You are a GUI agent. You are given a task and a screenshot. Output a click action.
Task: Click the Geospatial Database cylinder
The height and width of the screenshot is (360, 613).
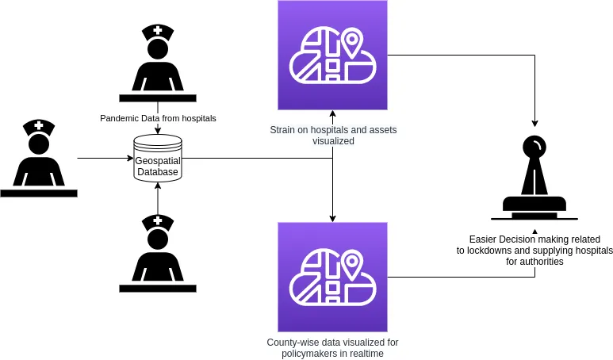(x=158, y=159)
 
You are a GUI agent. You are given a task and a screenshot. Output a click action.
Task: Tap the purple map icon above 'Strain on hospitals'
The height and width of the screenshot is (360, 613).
(x=333, y=56)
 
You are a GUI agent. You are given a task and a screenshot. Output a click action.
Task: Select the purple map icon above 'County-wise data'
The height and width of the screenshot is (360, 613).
(x=333, y=277)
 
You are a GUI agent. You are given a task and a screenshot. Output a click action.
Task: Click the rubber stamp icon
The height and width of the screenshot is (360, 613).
(x=534, y=178)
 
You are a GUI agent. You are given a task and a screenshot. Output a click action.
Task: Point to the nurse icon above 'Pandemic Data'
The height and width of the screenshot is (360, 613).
(x=158, y=63)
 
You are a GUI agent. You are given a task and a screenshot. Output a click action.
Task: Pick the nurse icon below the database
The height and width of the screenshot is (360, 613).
(x=158, y=253)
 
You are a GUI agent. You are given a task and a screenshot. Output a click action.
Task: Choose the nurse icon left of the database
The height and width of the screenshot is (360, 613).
(x=39, y=158)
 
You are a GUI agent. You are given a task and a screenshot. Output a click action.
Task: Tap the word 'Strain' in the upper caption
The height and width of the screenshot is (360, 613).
(x=282, y=130)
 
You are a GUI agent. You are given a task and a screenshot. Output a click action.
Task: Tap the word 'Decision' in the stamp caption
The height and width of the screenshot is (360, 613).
(x=517, y=239)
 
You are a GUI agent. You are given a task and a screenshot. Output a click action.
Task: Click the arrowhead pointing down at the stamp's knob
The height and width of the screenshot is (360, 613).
(x=534, y=124)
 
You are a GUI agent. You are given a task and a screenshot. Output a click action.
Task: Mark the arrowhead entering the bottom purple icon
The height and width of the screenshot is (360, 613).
(x=333, y=219)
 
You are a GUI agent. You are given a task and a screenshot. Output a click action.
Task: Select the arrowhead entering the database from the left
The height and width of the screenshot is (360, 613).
(x=131, y=159)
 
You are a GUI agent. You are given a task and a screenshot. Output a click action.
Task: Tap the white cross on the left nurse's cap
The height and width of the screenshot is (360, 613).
(x=39, y=125)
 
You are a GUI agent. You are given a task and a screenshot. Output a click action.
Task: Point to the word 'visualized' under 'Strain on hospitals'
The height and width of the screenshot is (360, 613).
(x=333, y=140)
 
